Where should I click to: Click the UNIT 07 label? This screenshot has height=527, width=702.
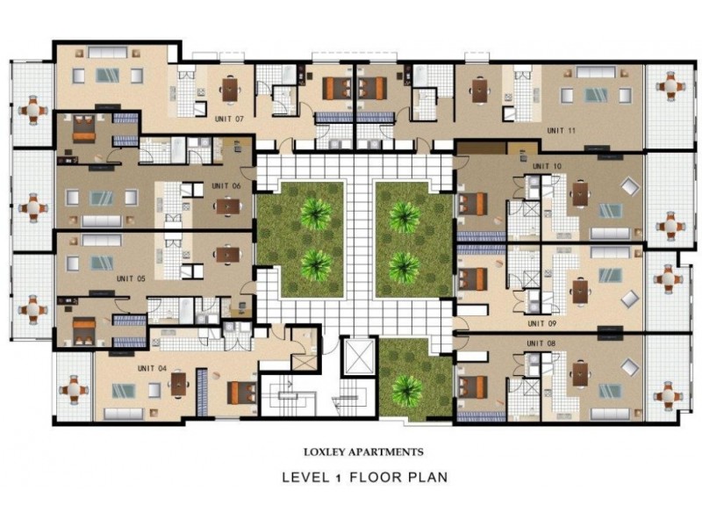pos(229,119)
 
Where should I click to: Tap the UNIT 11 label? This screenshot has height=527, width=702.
pos(561,130)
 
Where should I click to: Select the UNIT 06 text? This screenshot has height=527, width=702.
pos(226,185)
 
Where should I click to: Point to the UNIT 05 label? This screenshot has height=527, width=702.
pos(131,278)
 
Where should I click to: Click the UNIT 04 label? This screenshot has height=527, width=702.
pos(152,368)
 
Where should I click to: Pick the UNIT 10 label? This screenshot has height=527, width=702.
pos(547,166)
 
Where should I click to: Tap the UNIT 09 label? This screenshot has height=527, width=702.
pos(541,323)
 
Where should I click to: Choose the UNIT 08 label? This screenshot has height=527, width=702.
pos(541,343)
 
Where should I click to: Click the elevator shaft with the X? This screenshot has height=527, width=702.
pos(359,357)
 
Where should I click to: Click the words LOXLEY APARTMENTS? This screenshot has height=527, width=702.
pos(363,451)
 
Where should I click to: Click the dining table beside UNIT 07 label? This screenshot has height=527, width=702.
pos(230,90)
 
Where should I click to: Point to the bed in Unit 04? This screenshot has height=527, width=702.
pos(243,393)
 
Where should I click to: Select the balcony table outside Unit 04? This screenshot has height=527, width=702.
pos(74,389)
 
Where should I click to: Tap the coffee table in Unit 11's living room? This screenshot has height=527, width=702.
pos(597,95)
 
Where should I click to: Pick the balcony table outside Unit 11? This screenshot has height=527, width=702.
pos(670,85)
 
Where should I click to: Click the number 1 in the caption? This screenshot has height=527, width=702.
pos(338,478)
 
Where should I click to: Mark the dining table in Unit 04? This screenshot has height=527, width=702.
pos(178,385)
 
